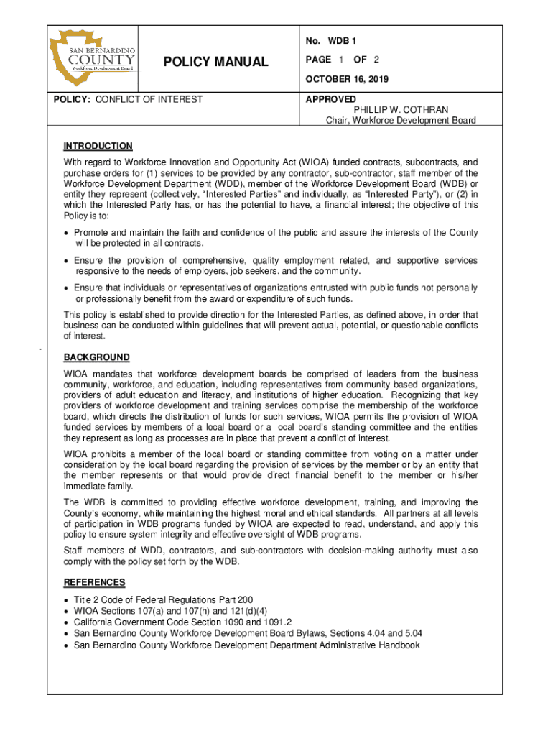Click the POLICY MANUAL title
pos(215,63)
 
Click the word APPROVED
pos(330,99)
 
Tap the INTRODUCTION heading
pos(98,146)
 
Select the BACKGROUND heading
pos(96,357)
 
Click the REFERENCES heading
pos(94,582)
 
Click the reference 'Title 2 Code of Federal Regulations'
pos(163,599)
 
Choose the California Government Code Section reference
pos(182,622)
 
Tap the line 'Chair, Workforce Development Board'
pos(401,120)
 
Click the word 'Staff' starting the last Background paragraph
pos(75,551)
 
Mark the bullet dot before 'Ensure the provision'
pos(67,260)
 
